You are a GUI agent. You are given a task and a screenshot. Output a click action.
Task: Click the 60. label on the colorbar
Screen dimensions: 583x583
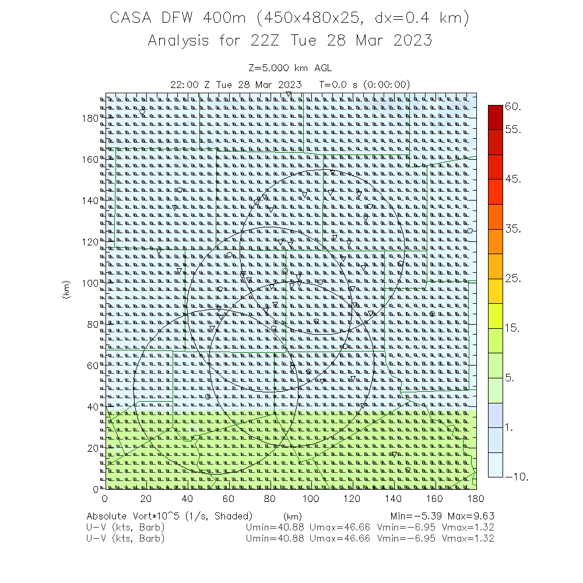pyautogui.click(x=512, y=107)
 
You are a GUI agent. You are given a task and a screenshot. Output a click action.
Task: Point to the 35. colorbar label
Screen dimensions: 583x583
pyautogui.click(x=512, y=229)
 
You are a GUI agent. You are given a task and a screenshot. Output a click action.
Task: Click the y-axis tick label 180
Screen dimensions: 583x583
pyautogui.click(x=90, y=118)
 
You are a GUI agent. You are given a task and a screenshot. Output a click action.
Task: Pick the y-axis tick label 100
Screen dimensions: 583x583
pyautogui.click(x=90, y=283)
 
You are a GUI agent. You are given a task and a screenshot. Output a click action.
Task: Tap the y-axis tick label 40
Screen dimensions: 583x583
pyautogui.click(x=93, y=406)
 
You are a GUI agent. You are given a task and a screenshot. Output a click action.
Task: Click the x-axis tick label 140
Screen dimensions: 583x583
pyautogui.click(x=394, y=498)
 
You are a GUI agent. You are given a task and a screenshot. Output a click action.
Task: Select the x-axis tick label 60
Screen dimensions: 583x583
pyautogui.click(x=228, y=498)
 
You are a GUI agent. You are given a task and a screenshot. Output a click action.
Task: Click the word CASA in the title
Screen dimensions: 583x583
pyautogui.click(x=132, y=19)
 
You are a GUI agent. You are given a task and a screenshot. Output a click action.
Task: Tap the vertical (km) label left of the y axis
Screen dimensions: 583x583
pyautogui.click(x=66, y=290)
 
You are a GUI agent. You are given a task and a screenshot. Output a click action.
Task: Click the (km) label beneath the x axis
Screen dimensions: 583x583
pyautogui.click(x=292, y=517)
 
